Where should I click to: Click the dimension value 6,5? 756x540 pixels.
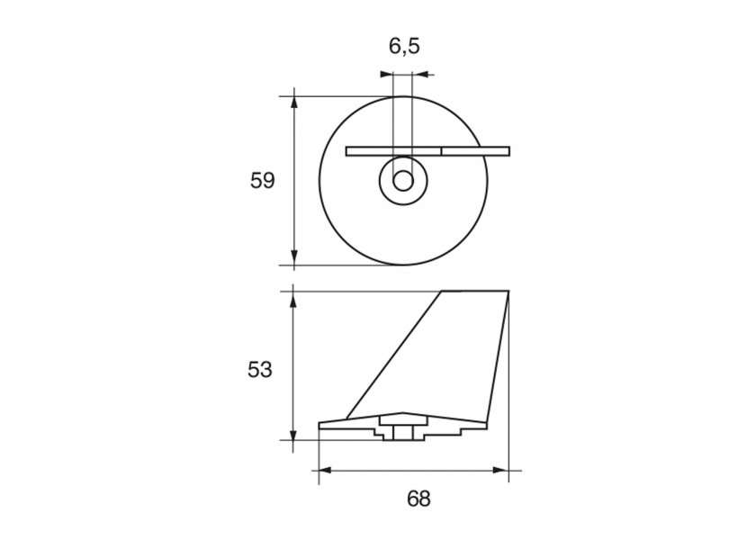click(404, 47)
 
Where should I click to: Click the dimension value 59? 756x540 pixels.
click(262, 181)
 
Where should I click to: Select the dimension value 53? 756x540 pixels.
click(260, 370)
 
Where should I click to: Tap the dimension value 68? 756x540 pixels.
click(418, 499)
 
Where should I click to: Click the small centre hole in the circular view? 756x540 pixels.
click(403, 181)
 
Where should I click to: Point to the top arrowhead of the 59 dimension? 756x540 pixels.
click(294, 103)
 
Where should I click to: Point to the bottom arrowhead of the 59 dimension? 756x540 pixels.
click(294, 258)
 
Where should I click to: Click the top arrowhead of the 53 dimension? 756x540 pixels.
click(292, 298)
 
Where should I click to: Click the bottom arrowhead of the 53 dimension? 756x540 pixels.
click(292, 433)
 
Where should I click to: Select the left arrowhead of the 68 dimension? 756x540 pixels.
click(326, 470)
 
